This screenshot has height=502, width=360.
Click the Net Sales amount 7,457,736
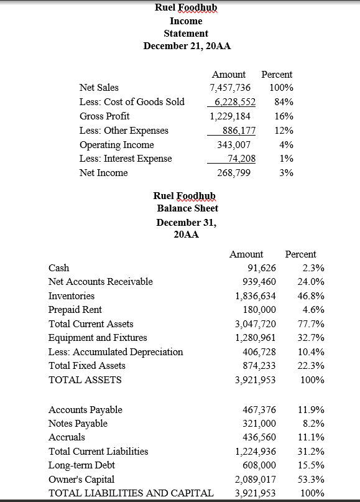231,88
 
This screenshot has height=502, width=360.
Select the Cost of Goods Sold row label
132,102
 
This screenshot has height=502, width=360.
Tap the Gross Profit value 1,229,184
231,116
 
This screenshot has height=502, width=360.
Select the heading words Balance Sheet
187,208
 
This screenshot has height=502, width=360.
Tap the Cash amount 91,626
261,268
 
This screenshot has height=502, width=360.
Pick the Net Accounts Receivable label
100,282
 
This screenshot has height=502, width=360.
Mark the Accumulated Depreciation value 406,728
258,352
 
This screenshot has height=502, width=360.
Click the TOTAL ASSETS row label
85,379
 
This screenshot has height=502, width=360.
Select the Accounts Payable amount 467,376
258,410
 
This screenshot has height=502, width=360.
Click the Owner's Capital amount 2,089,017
255,480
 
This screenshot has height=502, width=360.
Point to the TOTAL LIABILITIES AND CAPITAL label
131,493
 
